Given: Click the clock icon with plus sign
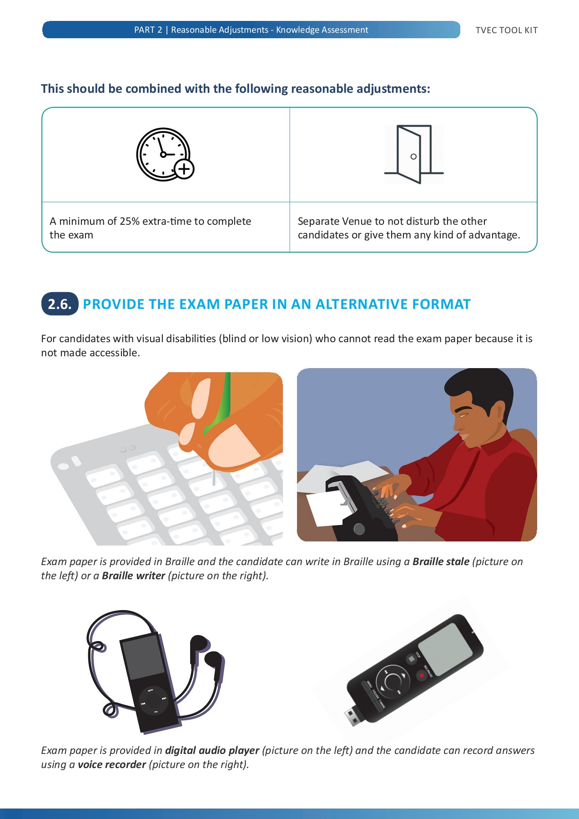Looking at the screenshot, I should [164, 154].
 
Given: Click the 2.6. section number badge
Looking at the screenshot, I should [60, 304].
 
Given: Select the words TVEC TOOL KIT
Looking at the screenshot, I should [506, 30].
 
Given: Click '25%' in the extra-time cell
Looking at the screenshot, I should [129, 222].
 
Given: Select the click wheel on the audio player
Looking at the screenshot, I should [153, 700].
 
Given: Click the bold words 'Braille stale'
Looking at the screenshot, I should [441, 562].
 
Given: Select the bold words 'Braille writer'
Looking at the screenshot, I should [133, 576].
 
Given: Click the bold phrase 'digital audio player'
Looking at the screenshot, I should [212, 751].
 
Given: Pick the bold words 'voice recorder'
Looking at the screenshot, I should [111, 765].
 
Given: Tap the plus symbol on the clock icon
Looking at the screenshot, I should [184, 169].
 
